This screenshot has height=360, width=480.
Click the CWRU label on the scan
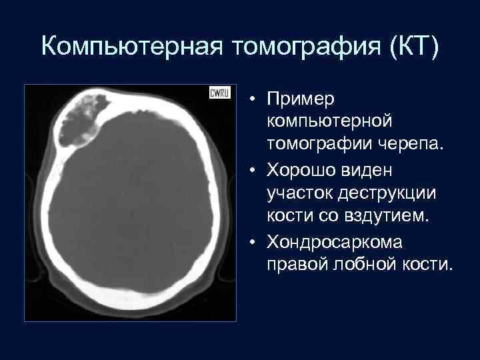coord(219,93)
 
